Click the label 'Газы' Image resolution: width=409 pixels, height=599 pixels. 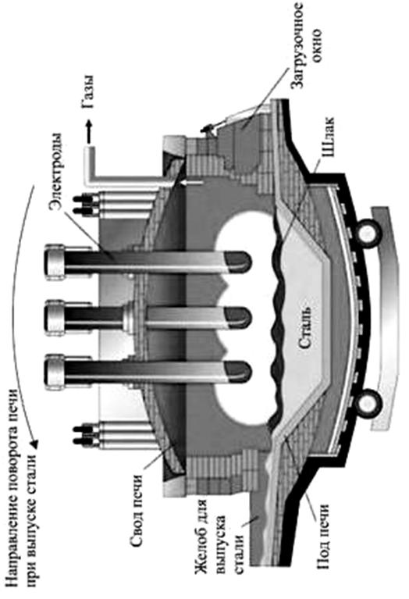pos(88,92)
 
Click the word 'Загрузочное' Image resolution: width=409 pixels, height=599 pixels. pos(297,46)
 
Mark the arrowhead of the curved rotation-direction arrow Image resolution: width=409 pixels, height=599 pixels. pos(34,443)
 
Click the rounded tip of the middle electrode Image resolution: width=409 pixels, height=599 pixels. pos(240,318)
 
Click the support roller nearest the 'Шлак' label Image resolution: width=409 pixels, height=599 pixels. pos(368,234)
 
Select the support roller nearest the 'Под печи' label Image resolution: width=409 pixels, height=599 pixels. pos(368,402)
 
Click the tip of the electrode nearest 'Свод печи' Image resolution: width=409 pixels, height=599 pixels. pos(240,372)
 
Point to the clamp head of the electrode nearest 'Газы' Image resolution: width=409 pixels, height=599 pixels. pos(55,262)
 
